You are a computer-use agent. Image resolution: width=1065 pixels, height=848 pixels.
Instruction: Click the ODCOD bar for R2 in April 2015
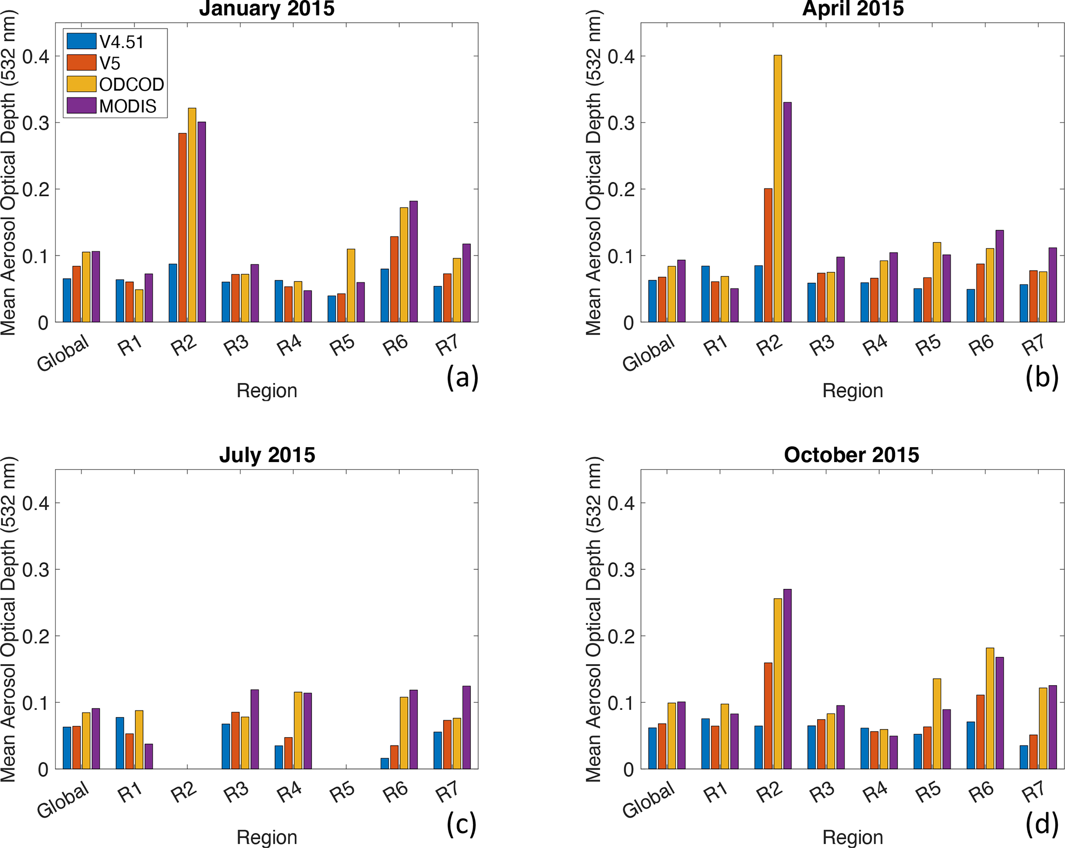777,189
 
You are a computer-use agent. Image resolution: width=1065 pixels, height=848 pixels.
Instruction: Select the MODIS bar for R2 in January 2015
201,222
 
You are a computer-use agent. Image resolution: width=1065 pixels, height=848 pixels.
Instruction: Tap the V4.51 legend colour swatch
81,41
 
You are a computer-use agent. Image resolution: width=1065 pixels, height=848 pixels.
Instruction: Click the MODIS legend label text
128,106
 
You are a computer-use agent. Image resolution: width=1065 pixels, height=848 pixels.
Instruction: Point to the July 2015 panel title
267,455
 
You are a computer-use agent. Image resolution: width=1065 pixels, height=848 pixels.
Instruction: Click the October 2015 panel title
852,455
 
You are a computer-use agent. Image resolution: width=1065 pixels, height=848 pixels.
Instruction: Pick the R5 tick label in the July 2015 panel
343,792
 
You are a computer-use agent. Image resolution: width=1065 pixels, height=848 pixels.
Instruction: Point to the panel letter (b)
1041,377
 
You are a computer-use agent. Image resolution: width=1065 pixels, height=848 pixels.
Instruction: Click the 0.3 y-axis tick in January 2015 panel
37,123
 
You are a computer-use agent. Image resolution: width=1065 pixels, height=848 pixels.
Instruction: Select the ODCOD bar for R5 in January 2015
351,285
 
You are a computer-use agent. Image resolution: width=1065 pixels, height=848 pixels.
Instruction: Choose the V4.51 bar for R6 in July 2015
385,764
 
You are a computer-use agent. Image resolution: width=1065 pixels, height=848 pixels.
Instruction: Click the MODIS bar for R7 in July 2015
466,727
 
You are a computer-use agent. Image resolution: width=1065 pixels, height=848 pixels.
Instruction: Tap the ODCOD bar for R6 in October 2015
990,708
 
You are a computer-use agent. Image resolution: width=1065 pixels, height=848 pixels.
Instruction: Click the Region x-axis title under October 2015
852,837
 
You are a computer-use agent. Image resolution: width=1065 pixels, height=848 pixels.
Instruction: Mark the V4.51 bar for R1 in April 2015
705,294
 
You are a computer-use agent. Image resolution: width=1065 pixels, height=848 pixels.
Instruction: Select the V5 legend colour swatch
81,63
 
